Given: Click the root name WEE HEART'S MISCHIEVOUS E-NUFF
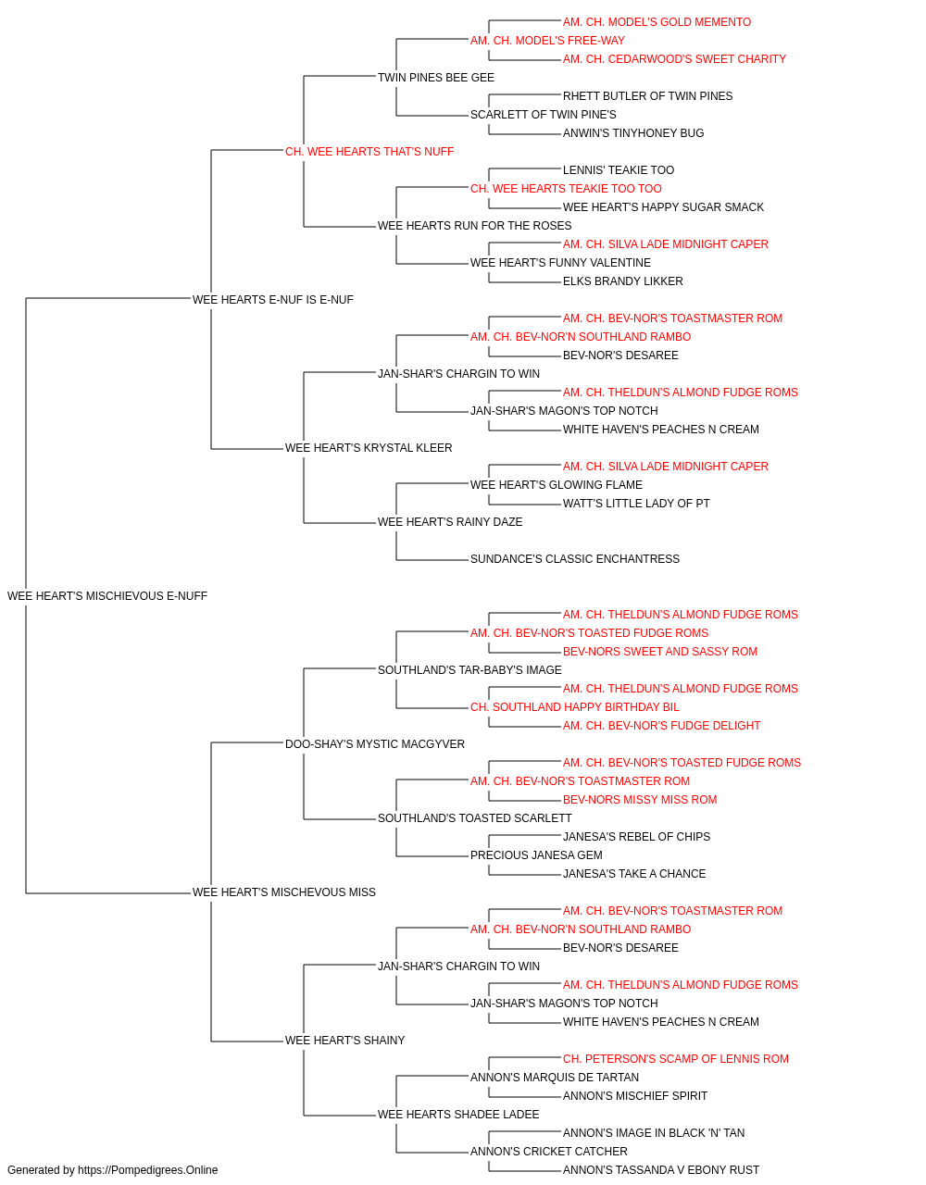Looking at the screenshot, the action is (x=107, y=596).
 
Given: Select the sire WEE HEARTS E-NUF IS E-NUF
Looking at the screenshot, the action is (x=272, y=300).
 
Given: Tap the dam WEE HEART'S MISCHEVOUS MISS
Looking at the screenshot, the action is (x=284, y=892).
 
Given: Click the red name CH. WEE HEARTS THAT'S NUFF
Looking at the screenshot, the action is (x=369, y=152).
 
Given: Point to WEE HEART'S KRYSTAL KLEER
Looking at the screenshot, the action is (x=369, y=448).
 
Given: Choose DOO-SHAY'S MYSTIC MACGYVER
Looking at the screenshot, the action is (x=375, y=744).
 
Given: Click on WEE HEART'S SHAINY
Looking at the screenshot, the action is (x=344, y=1041).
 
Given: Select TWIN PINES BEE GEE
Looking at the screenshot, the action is (x=436, y=78).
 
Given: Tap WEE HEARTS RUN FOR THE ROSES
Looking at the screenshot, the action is (x=474, y=226).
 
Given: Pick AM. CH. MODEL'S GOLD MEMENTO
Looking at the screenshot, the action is (x=657, y=22).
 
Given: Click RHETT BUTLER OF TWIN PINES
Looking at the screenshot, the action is (x=647, y=96).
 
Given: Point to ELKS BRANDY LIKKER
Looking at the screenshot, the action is (x=623, y=281).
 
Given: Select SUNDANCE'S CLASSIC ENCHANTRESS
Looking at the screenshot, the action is (x=575, y=559).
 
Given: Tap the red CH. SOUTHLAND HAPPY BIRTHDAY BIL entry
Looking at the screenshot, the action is (x=575, y=707).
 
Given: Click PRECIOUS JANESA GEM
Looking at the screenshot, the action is (x=536, y=855).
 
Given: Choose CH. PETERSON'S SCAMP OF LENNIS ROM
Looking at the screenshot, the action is (x=676, y=1059).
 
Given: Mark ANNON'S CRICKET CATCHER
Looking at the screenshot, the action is (x=548, y=1151).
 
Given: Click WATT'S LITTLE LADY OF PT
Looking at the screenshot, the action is (x=636, y=504).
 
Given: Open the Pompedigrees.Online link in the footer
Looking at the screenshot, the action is (x=147, y=1170).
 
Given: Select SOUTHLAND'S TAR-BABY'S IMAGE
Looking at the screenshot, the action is (x=469, y=670).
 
